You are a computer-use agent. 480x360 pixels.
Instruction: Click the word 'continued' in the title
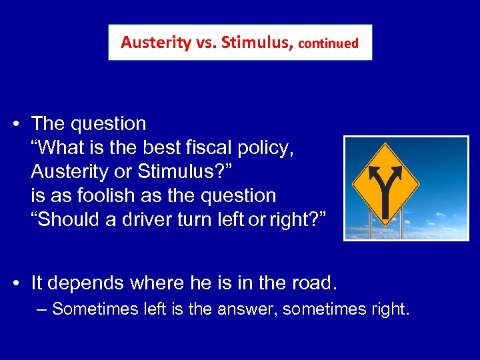[329, 43]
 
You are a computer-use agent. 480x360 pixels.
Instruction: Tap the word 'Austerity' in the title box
[148, 43]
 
